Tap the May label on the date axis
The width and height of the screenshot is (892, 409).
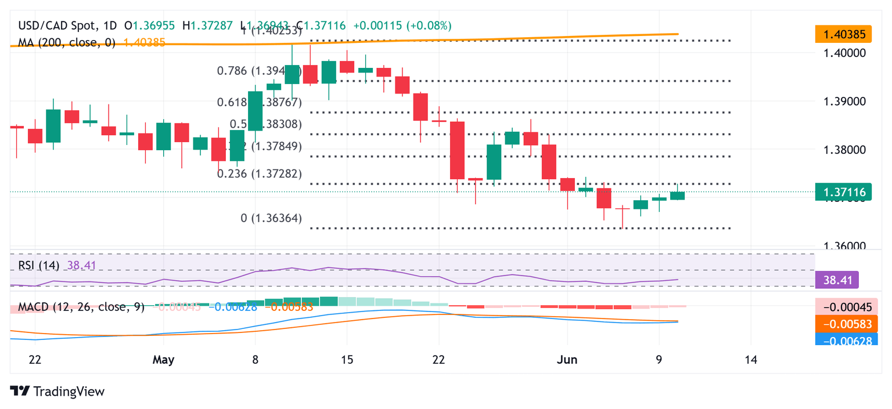coord(163,360)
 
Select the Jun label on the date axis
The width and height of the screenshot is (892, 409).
coord(567,360)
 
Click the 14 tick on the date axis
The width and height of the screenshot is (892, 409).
coord(751,360)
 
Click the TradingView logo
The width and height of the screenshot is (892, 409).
coord(57,392)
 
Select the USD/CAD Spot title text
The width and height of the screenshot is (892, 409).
coord(56,26)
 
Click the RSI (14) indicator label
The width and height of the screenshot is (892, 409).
coord(38,266)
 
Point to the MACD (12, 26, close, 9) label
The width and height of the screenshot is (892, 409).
coord(81,306)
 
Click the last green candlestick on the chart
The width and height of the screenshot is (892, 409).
coord(677,196)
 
